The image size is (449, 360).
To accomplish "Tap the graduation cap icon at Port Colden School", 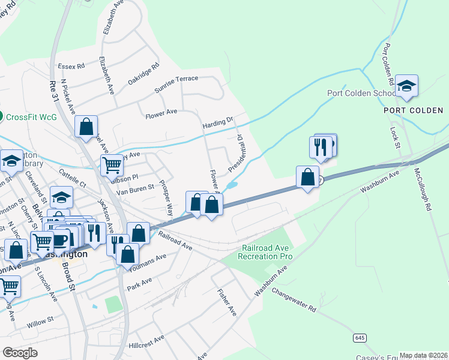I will coord(406,86).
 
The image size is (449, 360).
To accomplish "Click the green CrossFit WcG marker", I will coord(2,116).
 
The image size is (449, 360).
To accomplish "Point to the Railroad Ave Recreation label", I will coord(267,252).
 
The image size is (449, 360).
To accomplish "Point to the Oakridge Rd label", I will coord(143,74).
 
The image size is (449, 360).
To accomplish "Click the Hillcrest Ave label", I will coord(146,338).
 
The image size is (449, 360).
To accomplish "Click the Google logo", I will coord(20,352).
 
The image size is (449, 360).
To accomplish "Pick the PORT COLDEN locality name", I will coord(414,110).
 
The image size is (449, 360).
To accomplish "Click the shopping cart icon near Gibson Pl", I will coord(112,164).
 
